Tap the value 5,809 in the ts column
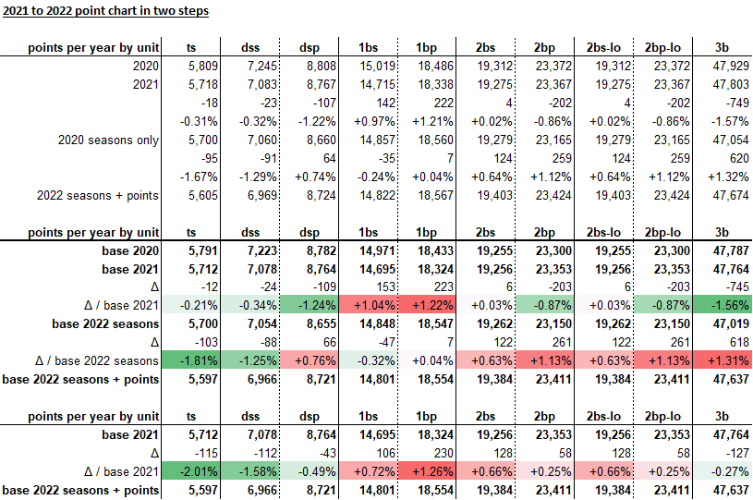(198, 67)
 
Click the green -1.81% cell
(198, 360)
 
